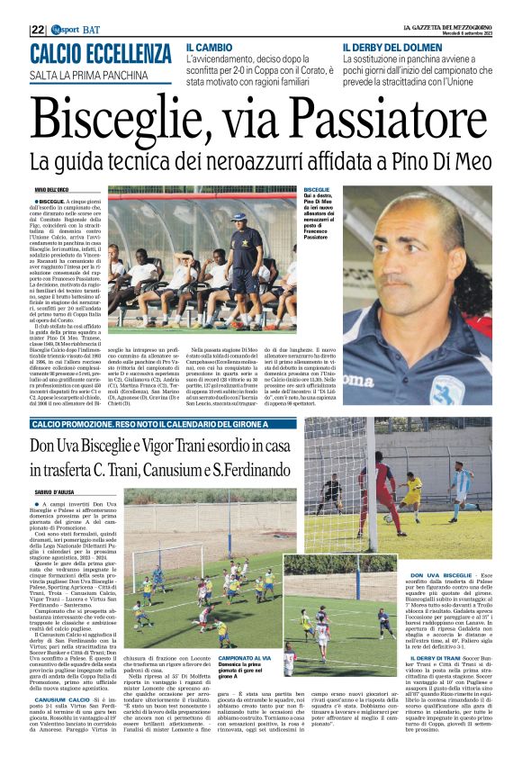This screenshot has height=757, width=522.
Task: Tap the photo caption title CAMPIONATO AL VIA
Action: [x=242, y=660]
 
